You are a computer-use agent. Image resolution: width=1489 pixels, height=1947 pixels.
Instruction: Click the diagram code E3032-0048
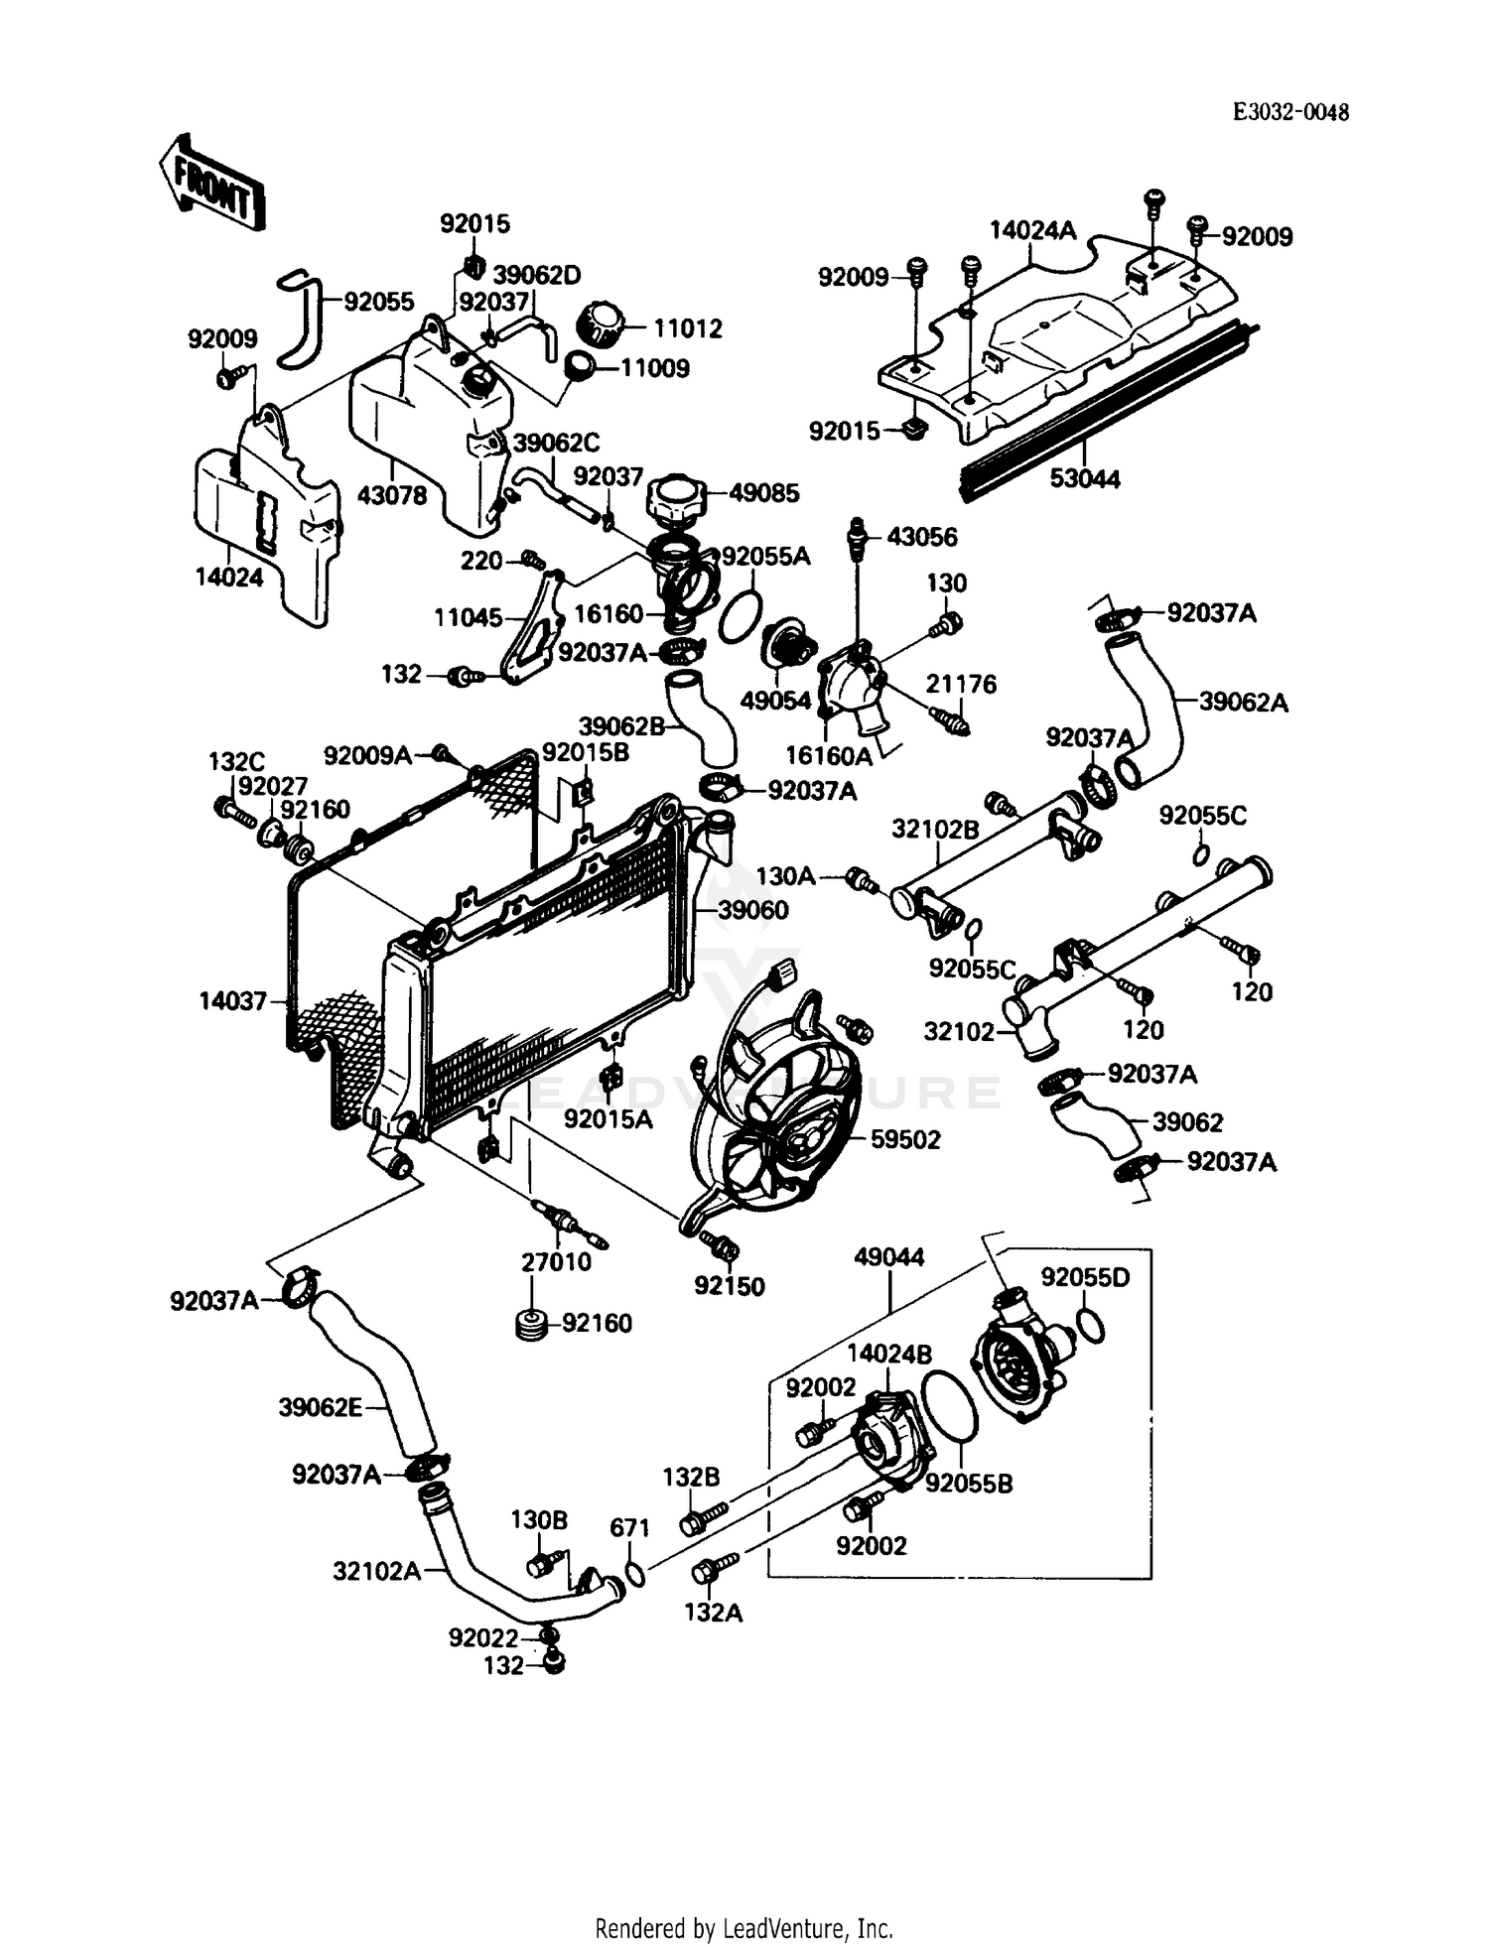click(1290, 112)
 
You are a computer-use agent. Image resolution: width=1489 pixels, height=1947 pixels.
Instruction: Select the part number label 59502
click(904, 1139)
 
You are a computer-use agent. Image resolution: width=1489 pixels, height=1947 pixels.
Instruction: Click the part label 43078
click(391, 494)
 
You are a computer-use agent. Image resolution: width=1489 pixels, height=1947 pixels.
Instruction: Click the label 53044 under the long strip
click(1085, 479)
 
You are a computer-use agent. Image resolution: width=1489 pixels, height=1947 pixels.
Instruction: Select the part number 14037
click(233, 1000)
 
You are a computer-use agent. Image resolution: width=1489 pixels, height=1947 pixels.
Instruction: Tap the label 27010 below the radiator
click(556, 1261)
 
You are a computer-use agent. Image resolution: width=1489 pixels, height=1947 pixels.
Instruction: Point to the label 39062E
click(320, 1407)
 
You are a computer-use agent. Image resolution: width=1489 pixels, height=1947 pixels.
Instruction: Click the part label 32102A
click(377, 1571)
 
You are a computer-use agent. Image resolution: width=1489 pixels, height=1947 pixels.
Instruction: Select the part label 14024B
click(889, 1354)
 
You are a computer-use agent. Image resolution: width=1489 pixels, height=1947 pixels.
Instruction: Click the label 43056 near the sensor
click(921, 537)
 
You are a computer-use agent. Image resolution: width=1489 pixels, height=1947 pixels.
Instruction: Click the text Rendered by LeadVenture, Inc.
click(744, 1928)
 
